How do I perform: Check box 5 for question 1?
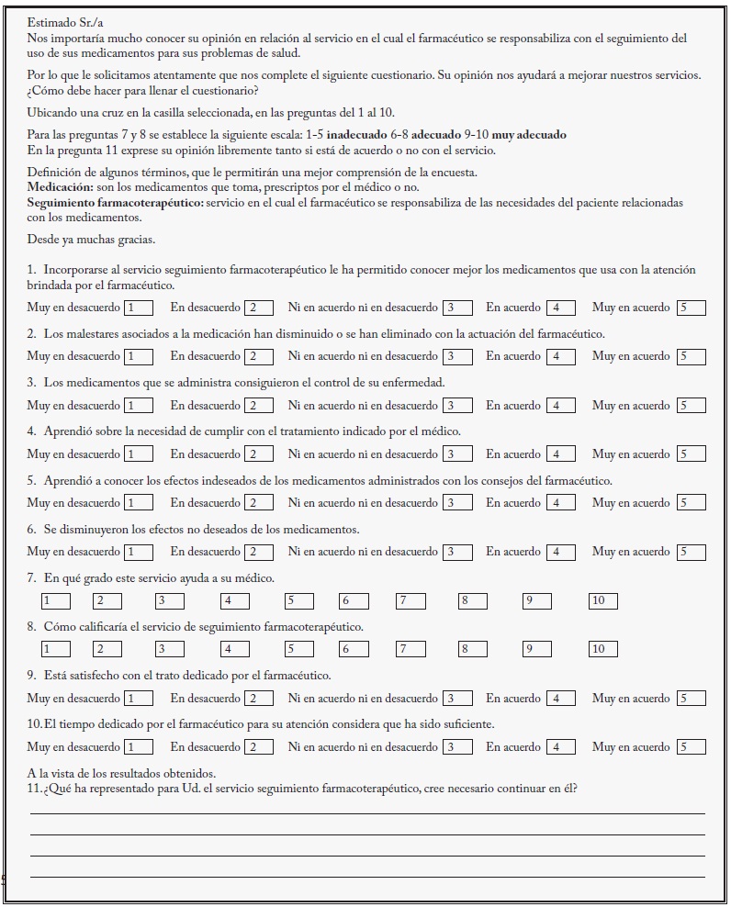click(x=691, y=308)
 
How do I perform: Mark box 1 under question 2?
click(x=139, y=356)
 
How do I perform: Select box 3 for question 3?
click(x=456, y=405)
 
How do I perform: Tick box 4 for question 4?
click(x=560, y=454)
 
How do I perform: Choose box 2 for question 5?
click(x=259, y=503)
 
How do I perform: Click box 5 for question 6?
click(x=691, y=552)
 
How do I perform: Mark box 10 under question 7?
click(x=602, y=600)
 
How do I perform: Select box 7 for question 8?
click(x=410, y=649)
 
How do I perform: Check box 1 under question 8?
click(x=55, y=649)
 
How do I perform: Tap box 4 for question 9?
click(x=560, y=699)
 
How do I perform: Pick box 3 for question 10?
click(x=456, y=747)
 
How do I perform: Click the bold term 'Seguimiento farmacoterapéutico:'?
click(x=115, y=202)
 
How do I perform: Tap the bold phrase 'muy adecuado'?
click(x=529, y=135)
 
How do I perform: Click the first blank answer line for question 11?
click(x=367, y=812)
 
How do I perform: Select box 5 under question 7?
click(x=299, y=600)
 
